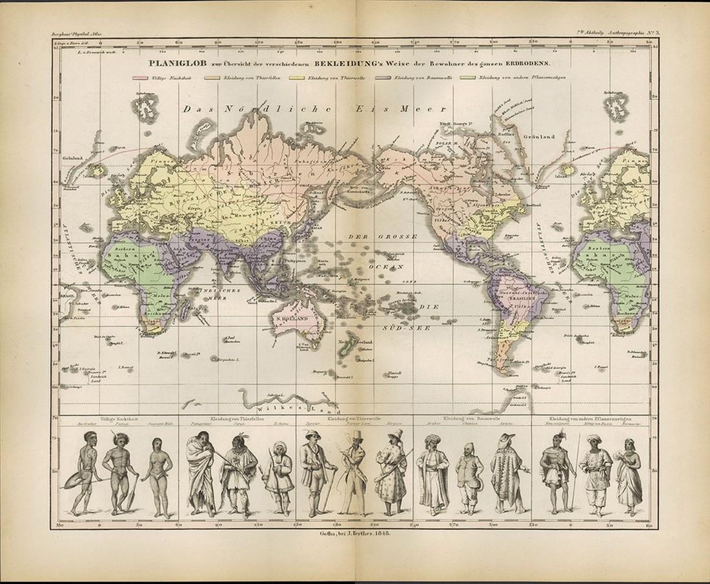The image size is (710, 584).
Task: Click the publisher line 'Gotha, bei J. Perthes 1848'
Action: pos(356,533)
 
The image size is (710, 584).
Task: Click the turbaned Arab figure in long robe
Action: pos(432,474)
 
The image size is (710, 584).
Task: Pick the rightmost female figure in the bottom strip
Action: pos(629,474)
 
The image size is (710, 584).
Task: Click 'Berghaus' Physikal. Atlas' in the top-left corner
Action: pos(75,34)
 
